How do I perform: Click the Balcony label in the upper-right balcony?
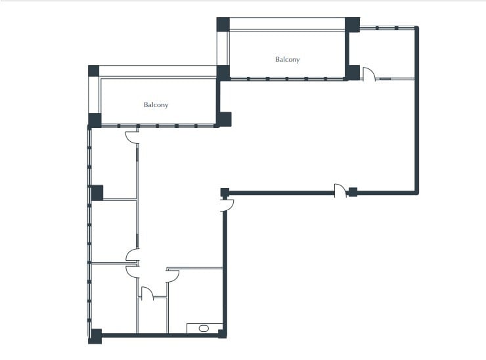pos(288,60)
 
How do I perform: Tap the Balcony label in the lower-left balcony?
pos(156,105)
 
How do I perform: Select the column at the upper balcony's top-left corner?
pos(223,24)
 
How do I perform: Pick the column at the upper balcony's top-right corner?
pos(353,24)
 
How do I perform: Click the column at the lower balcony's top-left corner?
pos(93,71)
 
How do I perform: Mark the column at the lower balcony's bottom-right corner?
pos(225,119)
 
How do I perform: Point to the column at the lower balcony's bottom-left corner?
pos(95,120)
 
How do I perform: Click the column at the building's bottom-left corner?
pos(95,336)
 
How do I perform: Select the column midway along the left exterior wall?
pos(97,192)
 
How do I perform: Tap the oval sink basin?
pos(203,327)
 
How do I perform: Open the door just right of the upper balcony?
pos(368,74)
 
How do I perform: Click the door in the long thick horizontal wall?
pos(340,191)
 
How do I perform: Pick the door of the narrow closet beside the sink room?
pos(147,293)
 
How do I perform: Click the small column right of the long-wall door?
pos(353,192)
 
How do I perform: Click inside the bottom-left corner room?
pos(113,299)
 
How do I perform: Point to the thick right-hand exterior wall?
pos(416,131)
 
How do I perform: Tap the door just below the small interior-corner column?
pos(228,205)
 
